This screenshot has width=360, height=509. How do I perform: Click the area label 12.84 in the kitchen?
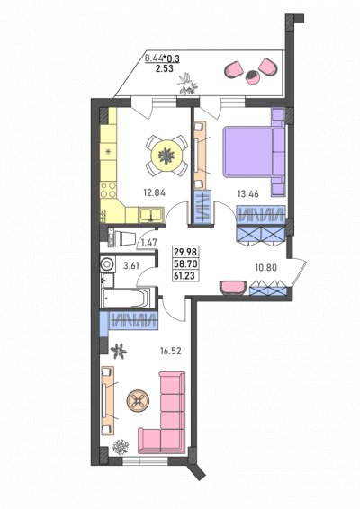click(x=154, y=192)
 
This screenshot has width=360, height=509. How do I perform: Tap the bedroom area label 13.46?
click(x=247, y=194)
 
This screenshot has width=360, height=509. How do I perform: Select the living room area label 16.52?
click(x=170, y=351)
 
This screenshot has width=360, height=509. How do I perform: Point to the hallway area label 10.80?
click(x=265, y=268)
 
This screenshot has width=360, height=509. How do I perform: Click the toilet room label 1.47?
click(x=148, y=242)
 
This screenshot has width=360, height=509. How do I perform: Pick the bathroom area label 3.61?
click(x=131, y=266)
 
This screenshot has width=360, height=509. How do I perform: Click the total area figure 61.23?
click(x=186, y=275)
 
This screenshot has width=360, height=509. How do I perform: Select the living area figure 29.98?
click(x=186, y=252)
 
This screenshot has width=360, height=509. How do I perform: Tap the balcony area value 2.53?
click(x=163, y=68)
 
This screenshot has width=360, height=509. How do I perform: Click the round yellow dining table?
click(x=166, y=156)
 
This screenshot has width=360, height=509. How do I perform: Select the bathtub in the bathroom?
click(x=125, y=298)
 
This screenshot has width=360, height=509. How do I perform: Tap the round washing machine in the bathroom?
click(x=107, y=263)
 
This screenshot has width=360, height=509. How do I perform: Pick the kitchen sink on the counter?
click(x=151, y=215)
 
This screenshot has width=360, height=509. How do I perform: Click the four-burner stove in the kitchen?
click(x=108, y=190)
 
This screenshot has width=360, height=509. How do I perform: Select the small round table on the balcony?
click(x=251, y=77)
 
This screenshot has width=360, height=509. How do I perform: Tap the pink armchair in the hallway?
click(x=232, y=287)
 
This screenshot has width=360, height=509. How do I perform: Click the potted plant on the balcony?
click(x=187, y=84)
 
